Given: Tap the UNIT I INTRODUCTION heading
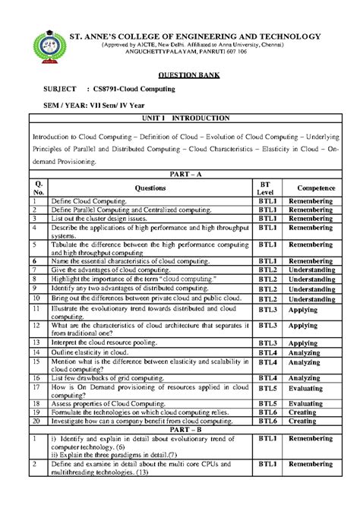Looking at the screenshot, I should click(x=179, y=119).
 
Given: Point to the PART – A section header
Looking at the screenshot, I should click(x=180, y=174).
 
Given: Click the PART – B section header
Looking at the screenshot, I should click(x=180, y=428).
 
